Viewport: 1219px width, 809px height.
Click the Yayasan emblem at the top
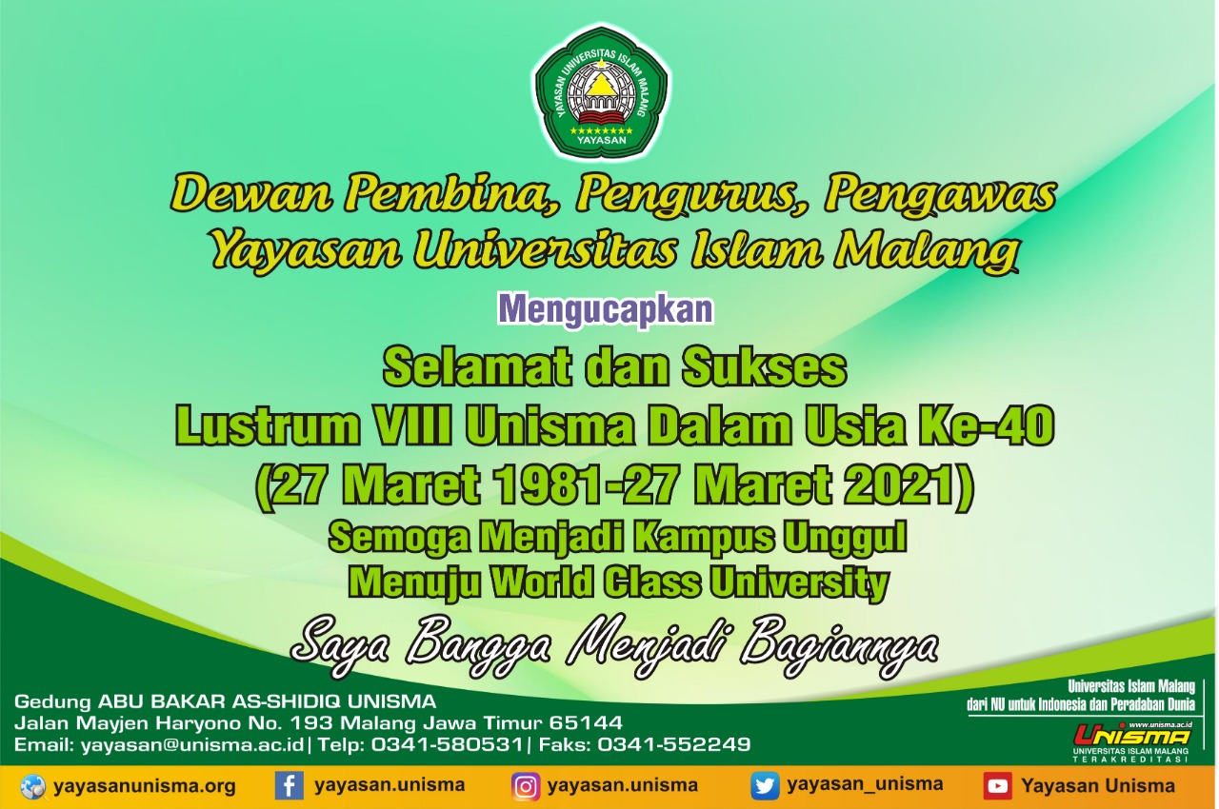pos(601,91)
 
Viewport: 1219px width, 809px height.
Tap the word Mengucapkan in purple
pos(605,311)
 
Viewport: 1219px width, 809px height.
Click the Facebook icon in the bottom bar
pos(289,785)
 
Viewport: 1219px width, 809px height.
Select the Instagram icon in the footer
pos(526,786)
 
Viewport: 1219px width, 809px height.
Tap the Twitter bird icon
pos(765,785)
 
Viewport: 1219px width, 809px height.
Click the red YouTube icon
pos(997,786)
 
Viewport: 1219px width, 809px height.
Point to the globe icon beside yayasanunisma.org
pos(33,787)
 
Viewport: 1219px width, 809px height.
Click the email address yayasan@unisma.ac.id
pos(192,744)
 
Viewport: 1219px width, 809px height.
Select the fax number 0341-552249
pos(674,743)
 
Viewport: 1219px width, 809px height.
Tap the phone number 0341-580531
pos(447,743)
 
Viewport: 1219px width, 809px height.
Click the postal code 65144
pos(586,722)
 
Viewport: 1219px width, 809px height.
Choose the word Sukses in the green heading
pos(765,368)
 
